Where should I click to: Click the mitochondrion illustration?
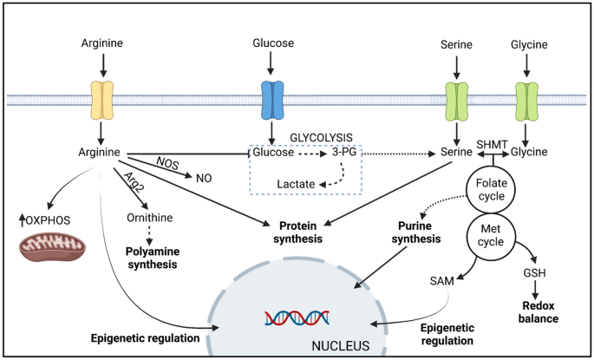point(54,245)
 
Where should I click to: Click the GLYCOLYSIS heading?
point(322,136)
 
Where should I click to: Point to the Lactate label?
point(295,185)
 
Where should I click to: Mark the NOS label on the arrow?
point(167,162)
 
